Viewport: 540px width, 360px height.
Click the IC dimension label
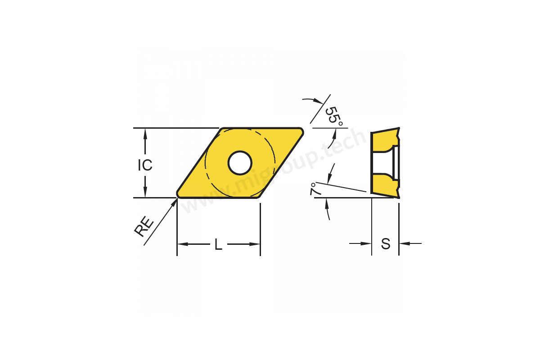click(x=145, y=165)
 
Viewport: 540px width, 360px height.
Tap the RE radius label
click(x=144, y=227)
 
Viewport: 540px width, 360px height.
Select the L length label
click(x=218, y=244)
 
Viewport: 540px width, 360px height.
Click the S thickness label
click(x=386, y=244)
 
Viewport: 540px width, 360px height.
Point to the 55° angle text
click(x=334, y=116)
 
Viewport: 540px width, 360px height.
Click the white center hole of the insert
click(x=240, y=163)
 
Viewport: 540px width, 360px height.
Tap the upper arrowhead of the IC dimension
click(x=145, y=133)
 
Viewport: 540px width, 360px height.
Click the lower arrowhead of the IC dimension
click(x=145, y=192)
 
